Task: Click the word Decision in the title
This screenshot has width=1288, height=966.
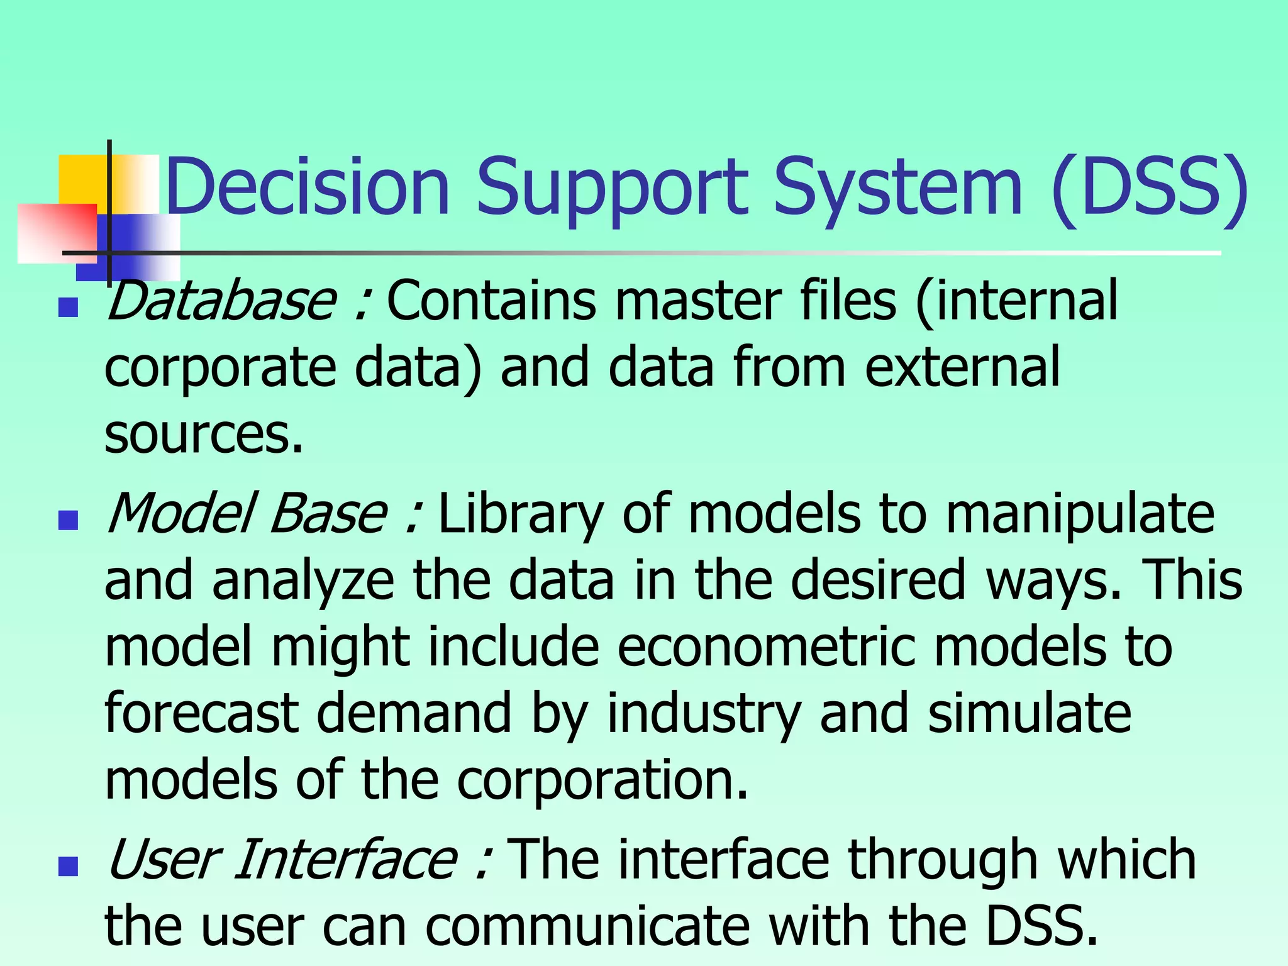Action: [x=308, y=187]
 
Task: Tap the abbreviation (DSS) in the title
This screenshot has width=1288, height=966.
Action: [x=1148, y=187]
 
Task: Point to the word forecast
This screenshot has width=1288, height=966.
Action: [x=201, y=713]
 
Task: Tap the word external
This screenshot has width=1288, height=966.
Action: [x=962, y=367]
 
